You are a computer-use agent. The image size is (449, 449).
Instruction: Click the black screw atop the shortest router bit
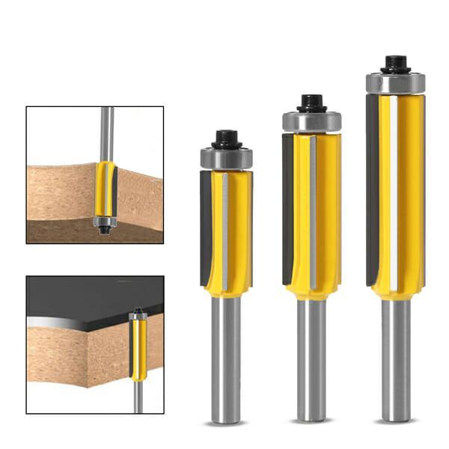pos(226,138)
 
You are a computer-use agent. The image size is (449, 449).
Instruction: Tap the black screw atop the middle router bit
pos(311,103)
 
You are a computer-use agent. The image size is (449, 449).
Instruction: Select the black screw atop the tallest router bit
pos(394,64)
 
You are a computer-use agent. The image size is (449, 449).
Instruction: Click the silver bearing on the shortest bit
pos(226,159)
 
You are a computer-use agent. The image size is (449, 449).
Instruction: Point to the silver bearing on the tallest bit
pos(395,82)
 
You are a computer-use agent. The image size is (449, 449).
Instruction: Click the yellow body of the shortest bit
pos(238,232)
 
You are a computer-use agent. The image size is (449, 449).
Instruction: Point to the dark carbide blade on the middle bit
pos(287,210)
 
